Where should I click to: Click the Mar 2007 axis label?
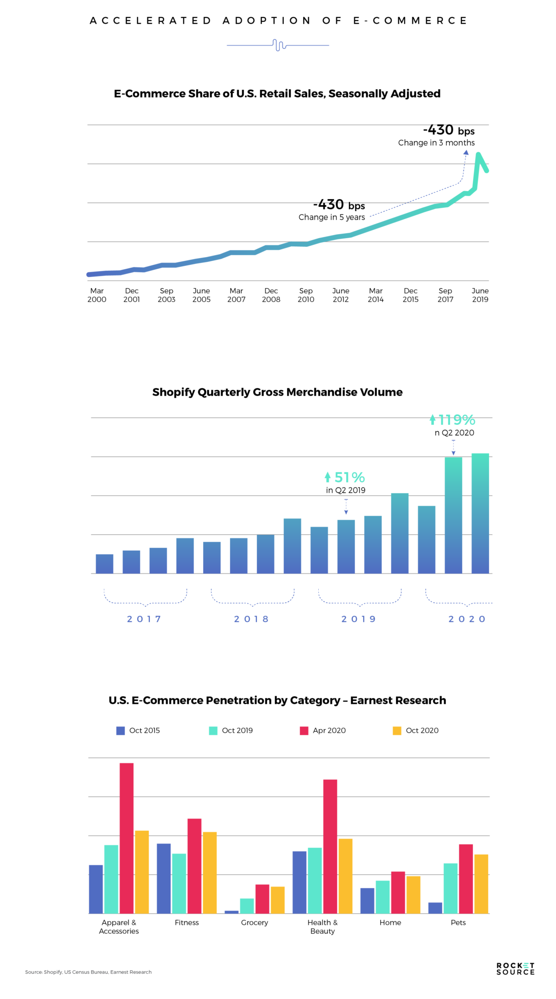click(x=236, y=295)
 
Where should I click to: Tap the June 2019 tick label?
click(x=480, y=295)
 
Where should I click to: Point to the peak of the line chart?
click(x=478, y=155)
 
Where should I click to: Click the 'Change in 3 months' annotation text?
click(x=436, y=142)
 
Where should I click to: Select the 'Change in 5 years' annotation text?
click(x=331, y=217)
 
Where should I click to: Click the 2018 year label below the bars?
click(x=251, y=619)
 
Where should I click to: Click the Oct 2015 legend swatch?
click(x=121, y=730)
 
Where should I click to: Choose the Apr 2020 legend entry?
click(x=323, y=730)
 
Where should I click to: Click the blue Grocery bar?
click(x=231, y=912)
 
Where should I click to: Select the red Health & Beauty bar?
click(x=330, y=846)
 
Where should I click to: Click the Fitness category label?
click(x=186, y=922)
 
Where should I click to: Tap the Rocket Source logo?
click(x=515, y=969)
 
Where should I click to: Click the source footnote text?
click(x=88, y=972)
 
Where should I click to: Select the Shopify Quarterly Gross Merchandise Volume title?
click(x=277, y=392)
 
